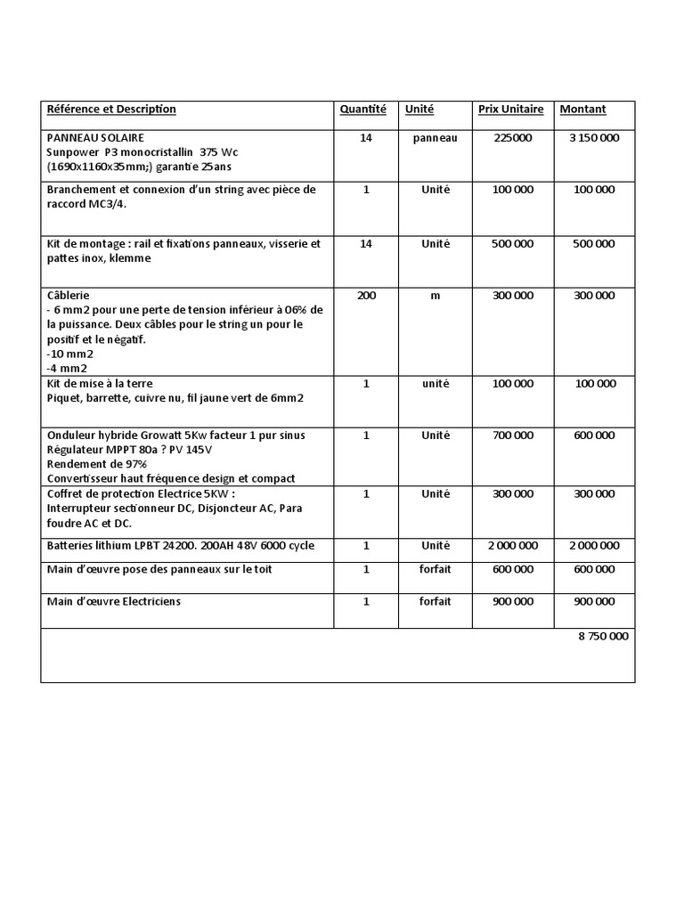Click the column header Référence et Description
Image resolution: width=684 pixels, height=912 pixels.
(x=111, y=110)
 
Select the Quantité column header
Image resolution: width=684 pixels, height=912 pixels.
(x=363, y=110)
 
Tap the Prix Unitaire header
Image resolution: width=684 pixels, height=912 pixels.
(x=510, y=110)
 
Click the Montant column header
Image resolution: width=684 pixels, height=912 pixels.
(x=582, y=110)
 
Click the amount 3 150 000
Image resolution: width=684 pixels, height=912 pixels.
(x=594, y=138)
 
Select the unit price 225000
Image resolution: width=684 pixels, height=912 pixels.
(x=512, y=138)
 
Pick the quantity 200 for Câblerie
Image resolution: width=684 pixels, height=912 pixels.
(x=366, y=296)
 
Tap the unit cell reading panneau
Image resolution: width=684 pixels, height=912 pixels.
(x=435, y=138)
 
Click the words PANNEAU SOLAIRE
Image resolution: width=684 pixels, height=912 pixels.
(x=95, y=138)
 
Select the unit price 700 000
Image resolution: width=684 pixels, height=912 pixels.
(x=512, y=436)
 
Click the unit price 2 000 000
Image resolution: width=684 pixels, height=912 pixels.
(x=512, y=545)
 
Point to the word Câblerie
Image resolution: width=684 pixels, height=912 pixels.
(x=68, y=295)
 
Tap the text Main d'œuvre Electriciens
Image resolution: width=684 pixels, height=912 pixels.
(x=113, y=602)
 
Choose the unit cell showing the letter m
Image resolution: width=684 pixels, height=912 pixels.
(x=436, y=296)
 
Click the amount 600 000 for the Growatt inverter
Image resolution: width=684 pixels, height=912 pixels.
(x=594, y=436)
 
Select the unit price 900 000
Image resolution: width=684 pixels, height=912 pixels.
(x=512, y=602)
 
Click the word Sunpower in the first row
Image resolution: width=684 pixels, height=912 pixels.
(x=68, y=152)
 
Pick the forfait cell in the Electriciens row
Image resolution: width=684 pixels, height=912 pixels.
(x=436, y=602)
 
